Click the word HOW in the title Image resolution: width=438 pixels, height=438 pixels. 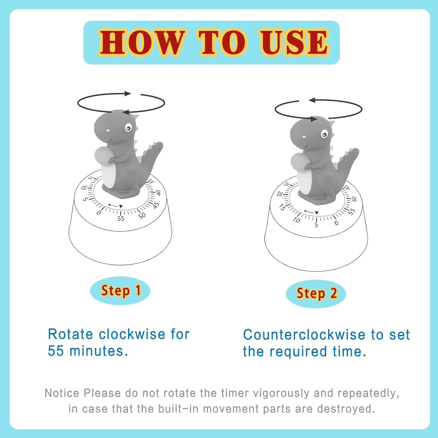tap(142, 43)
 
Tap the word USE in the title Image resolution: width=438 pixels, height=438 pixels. tap(294, 43)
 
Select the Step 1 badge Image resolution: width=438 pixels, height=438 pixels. tap(120, 291)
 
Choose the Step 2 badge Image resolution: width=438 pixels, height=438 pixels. tap(316, 293)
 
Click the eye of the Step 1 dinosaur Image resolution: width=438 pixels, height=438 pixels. tap(128, 128)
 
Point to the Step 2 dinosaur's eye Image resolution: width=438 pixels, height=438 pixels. tap(324, 134)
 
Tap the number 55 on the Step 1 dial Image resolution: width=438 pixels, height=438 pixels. tap(121, 218)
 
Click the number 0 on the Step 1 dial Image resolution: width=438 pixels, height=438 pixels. tap(99, 212)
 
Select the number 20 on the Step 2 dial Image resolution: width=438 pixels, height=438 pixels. tap(279, 194)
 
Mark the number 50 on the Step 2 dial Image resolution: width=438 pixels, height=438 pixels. tap(354, 199)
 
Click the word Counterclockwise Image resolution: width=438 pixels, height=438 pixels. tap(304, 335)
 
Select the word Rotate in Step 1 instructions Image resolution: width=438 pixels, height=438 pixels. tap(70, 334)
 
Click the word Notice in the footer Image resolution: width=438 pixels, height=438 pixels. tap(62, 393)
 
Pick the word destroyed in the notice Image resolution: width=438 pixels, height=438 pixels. tap(346, 409)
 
